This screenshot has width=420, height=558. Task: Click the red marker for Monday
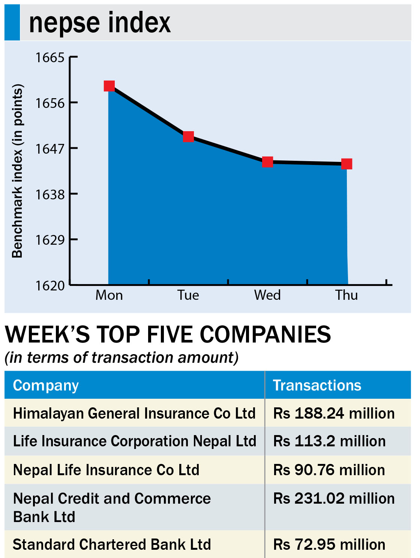coord(109,86)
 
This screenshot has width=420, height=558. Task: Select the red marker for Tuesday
coord(188,136)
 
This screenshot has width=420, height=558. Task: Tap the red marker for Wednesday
coord(267,162)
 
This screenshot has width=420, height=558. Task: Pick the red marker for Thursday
coord(346,164)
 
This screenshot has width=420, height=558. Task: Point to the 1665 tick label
coord(50,57)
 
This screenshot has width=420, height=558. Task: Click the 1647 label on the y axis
coord(50,149)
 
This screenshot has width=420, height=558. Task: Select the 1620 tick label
coord(50,286)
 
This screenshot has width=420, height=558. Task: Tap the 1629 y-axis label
coord(50,240)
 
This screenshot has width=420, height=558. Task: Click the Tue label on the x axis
coord(188,295)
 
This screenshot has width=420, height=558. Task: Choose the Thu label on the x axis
coord(346,295)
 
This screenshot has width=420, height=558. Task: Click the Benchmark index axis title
coord(17,171)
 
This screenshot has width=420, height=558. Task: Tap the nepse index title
coord(100,22)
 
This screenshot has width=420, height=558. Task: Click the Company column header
coord(46,385)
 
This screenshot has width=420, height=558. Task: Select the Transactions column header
coord(317,385)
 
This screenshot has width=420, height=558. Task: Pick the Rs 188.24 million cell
coord(334,413)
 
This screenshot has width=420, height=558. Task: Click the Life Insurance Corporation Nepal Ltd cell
coord(135,441)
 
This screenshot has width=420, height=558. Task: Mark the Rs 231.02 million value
coord(334,498)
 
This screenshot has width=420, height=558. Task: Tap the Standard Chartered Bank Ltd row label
coord(112,544)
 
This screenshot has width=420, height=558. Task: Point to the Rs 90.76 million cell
coord(329,470)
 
